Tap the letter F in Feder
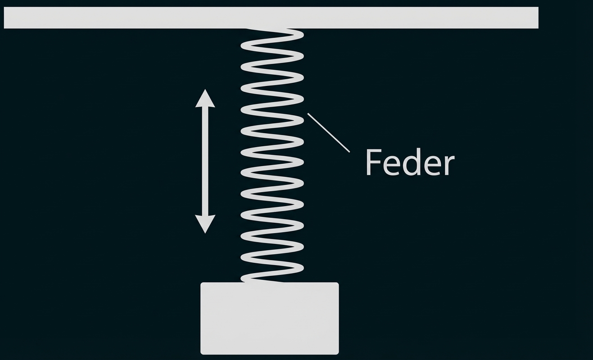pyautogui.click(x=372, y=162)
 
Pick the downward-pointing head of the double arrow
pyautogui.click(x=205, y=224)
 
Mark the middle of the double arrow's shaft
pyautogui.click(x=205, y=161)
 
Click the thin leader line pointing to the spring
pyautogui.click(x=329, y=133)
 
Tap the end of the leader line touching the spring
pyautogui.click(x=308, y=114)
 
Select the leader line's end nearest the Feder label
pyautogui.click(x=349, y=151)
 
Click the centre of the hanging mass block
pyautogui.click(x=269, y=318)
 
